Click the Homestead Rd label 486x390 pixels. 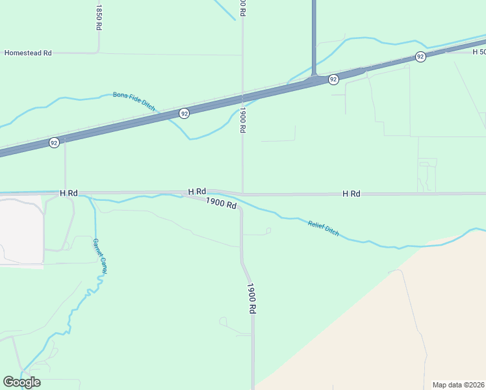[x=28, y=53]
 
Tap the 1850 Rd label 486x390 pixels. [x=99, y=18]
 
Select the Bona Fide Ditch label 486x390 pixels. [x=134, y=101]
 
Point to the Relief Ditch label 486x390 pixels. [x=324, y=228]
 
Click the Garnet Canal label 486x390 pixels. [x=99, y=256]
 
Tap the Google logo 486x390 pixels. [x=21, y=382]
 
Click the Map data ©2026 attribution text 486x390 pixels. [x=459, y=384]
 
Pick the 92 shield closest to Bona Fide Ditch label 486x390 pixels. [x=185, y=113]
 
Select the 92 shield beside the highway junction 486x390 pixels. [x=333, y=79]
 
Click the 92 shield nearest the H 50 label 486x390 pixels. [x=420, y=57]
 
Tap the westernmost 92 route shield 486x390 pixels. [x=54, y=142]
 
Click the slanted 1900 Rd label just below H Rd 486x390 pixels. [x=221, y=203]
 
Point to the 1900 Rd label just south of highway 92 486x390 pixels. [x=242, y=120]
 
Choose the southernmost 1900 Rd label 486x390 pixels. [x=251, y=298]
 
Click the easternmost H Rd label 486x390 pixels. [x=352, y=194]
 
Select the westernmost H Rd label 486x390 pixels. [x=69, y=193]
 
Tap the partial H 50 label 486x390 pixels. [x=479, y=51]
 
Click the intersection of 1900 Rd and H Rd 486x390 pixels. [x=243, y=193]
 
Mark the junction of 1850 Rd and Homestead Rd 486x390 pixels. [x=99, y=52]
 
